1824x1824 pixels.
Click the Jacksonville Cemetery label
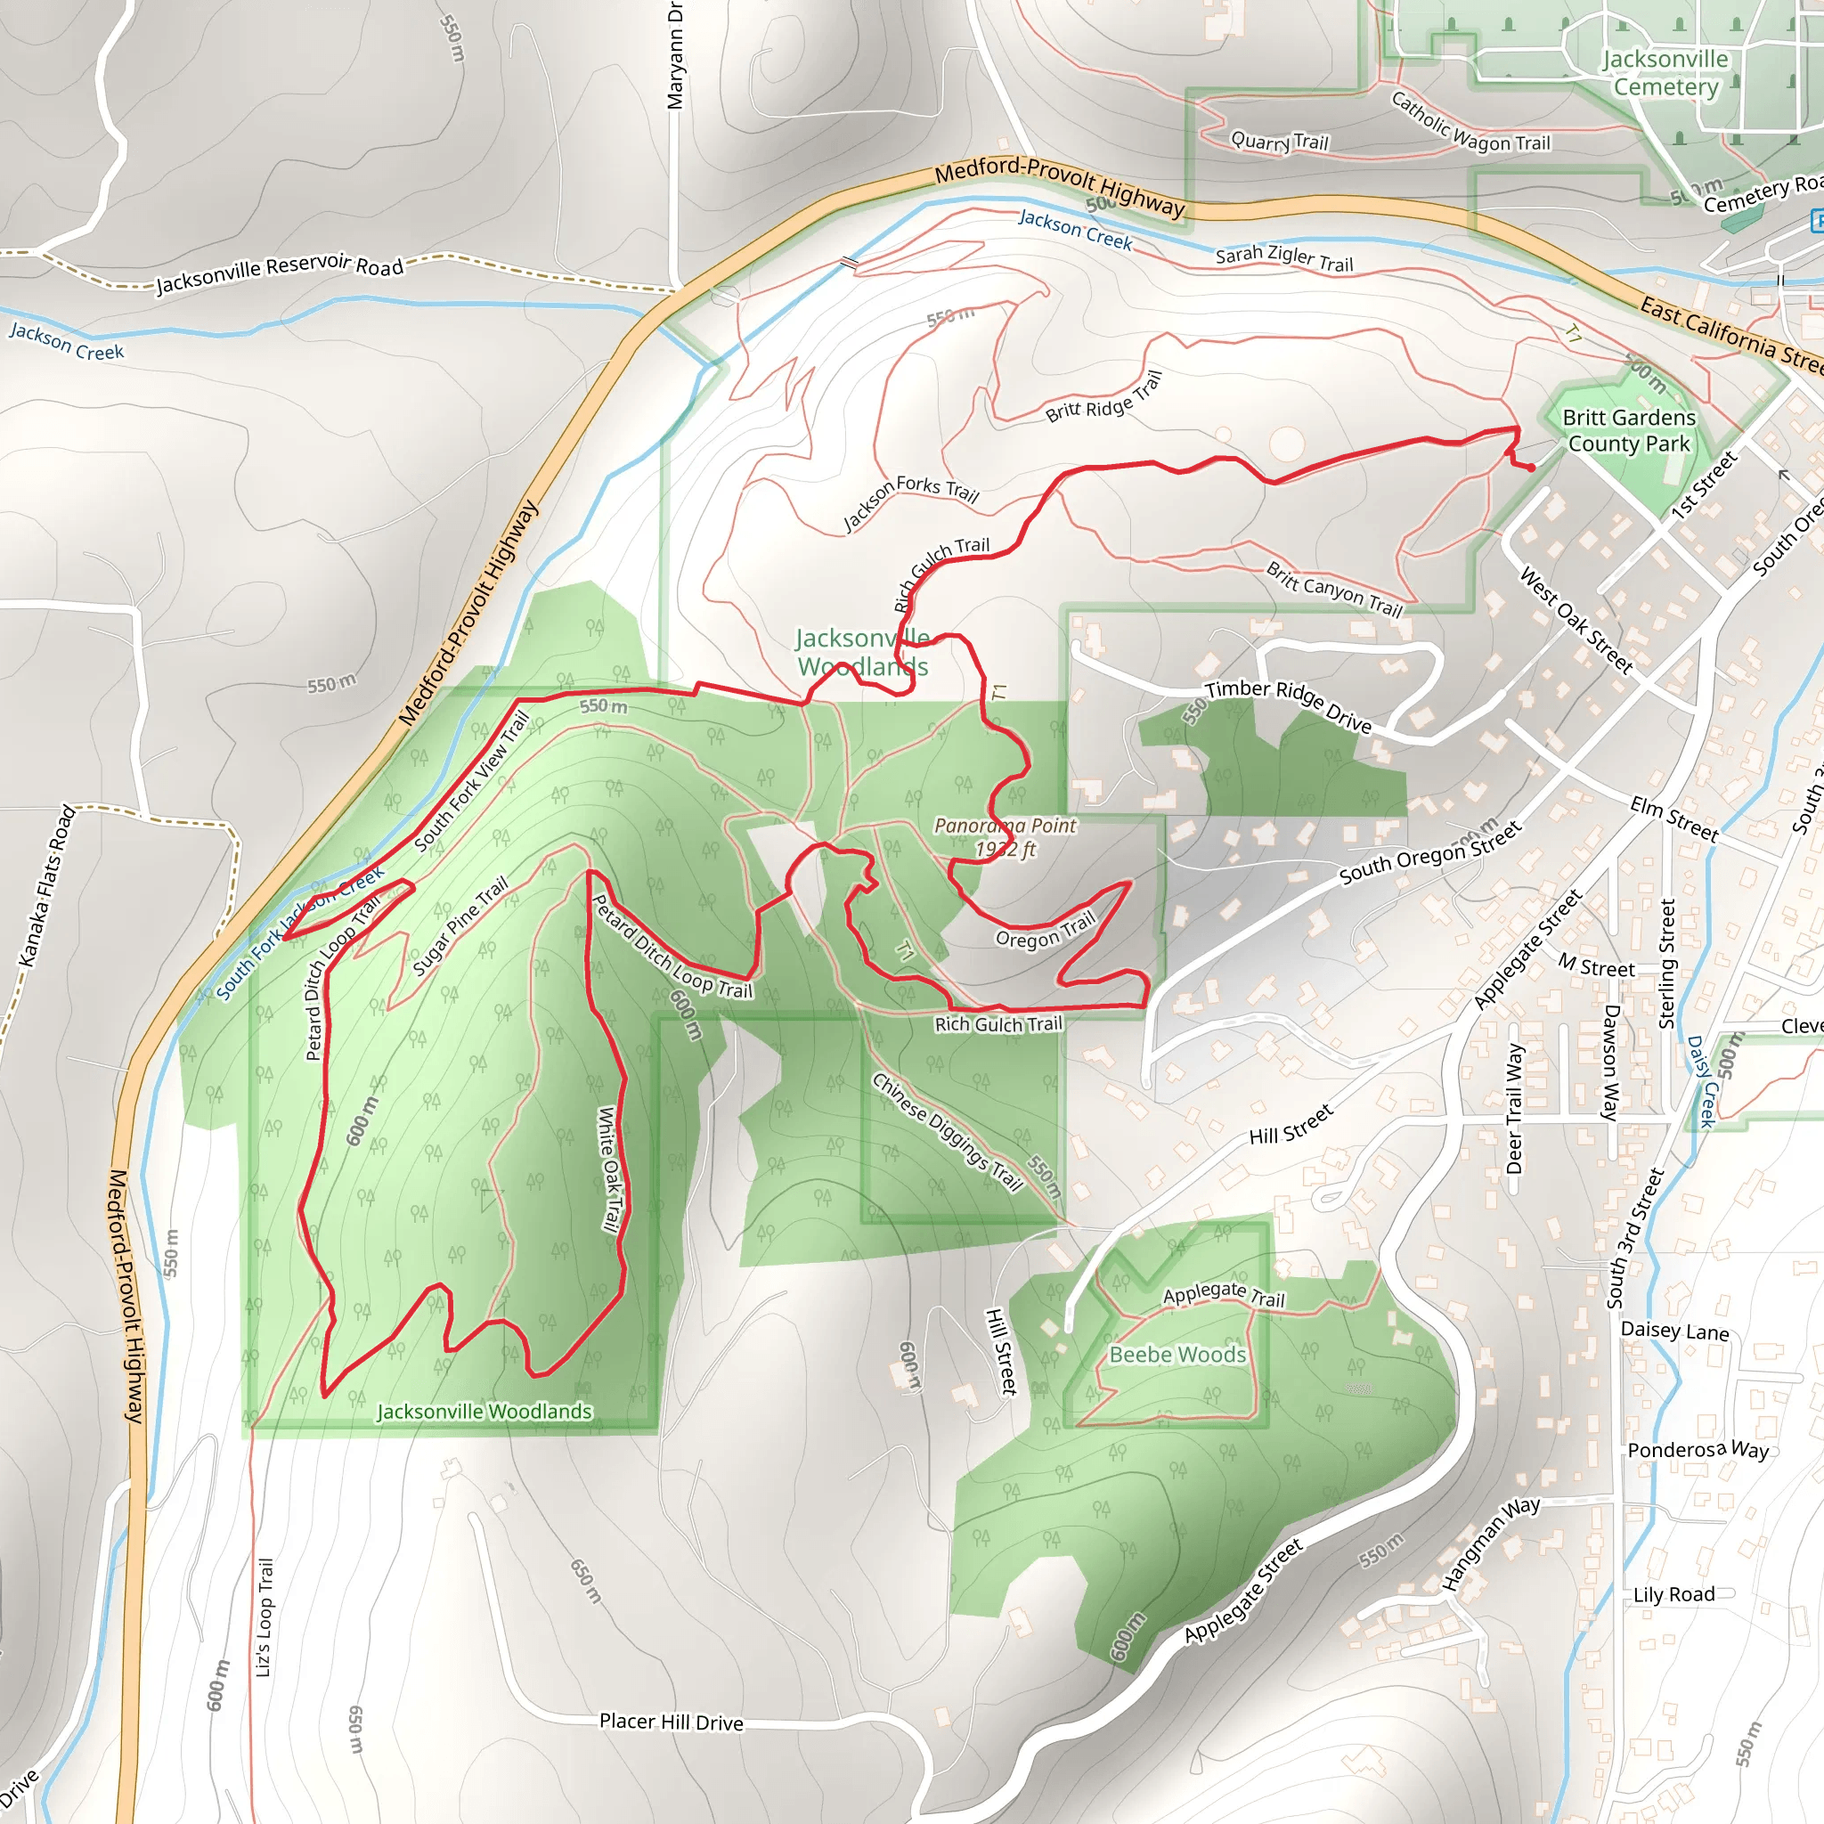(x=1665, y=73)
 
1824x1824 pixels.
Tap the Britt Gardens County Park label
(x=1629, y=430)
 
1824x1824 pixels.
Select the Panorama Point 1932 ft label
(x=1006, y=837)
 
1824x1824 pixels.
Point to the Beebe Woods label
(x=1177, y=1355)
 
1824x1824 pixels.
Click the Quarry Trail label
(x=1279, y=142)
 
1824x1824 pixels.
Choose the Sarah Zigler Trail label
(x=1284, y=258)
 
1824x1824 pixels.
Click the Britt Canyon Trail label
(x=1334, y=589)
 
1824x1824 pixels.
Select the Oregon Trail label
(x=1045, y=930)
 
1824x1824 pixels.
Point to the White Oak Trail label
(x=610, y=1169)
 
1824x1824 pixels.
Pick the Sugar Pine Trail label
(x=460, y=926)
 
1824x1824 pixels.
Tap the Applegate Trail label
(x=1224, y=1294)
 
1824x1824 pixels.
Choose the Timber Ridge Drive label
(x=1288, y=705)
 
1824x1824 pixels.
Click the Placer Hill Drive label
(x=672, y=1722)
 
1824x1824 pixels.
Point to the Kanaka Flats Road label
(x=47, y=885)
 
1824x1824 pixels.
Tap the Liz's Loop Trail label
(x=265, y=1617)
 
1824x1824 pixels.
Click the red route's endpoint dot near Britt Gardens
(x=1530, y=468)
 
